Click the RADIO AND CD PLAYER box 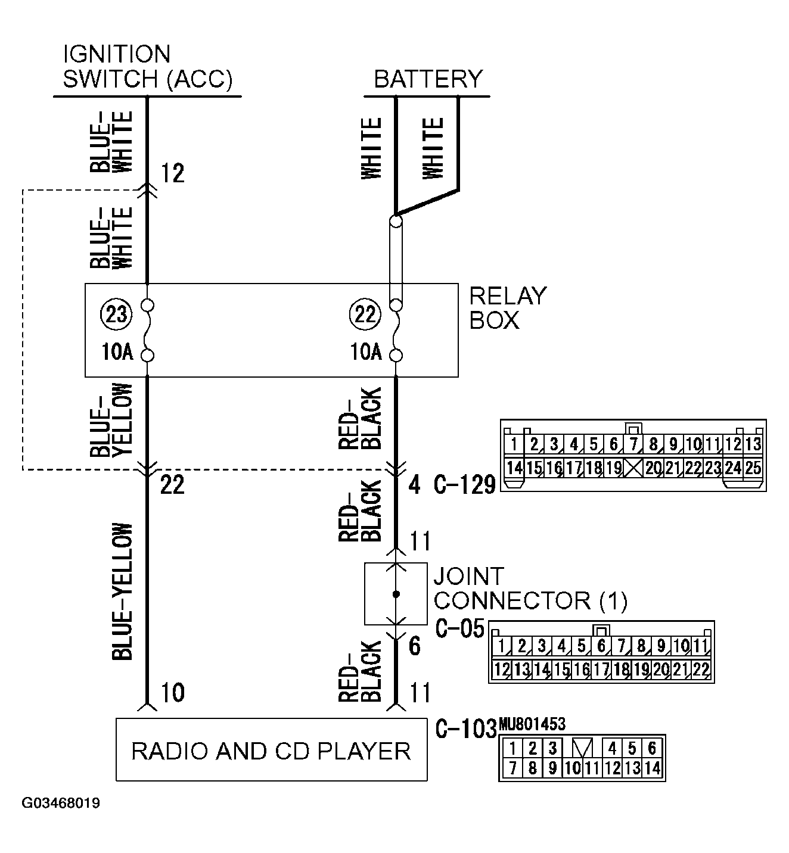(x=271, y=750)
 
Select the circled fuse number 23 (x=116, y=313)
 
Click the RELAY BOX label (x=508, y=308)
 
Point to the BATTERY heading (x=428, y=79)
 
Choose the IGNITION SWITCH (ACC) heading (x=147, y=67)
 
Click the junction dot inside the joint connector (x=396, y=594)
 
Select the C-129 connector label (x=464, y=485)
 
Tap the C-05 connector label (x=460, y=629)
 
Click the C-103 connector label (x=465, y=729)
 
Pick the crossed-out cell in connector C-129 (x=633, y=468)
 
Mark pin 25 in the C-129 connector (x=753, y=468)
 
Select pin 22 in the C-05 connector (x=701, y=670)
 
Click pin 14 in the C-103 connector (x=653, y=768)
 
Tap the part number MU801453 (x=532, y=724)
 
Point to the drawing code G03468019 (x=61, y=803)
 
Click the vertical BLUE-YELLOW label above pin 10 (x=122, y=592)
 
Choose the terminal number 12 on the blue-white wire (x=173, y=174)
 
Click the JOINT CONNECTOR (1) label (x=529, y=589)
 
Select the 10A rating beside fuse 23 (x=117, y=352)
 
